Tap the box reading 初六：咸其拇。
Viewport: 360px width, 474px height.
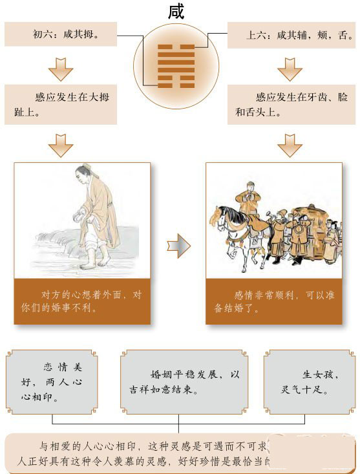61,34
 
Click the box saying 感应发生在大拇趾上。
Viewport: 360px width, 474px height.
61,104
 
